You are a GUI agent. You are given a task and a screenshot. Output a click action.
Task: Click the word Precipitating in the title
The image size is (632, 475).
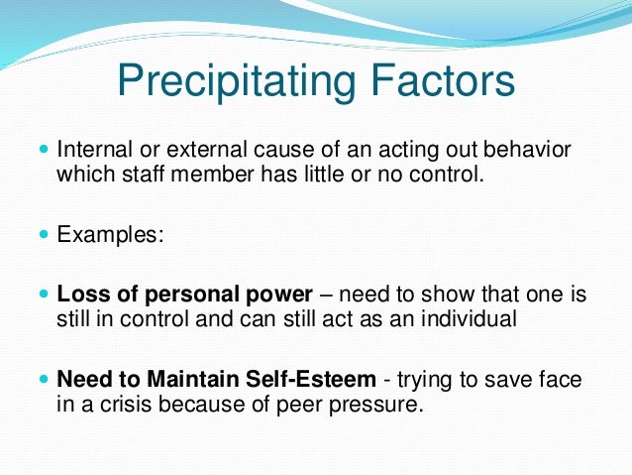(237, 82)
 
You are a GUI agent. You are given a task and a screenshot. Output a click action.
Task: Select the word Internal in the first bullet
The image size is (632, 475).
(95, 150)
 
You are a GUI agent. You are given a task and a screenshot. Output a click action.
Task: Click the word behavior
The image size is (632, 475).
(527, 150)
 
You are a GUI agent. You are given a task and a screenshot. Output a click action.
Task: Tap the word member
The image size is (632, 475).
(212, 174)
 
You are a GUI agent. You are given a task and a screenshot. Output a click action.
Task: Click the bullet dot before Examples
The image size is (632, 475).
(44, 234)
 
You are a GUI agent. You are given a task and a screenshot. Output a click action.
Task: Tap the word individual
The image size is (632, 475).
(469, 318)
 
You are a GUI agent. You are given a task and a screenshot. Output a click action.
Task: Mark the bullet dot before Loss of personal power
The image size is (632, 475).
(44, 294)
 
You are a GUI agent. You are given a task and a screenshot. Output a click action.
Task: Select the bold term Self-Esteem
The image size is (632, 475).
(311, 379)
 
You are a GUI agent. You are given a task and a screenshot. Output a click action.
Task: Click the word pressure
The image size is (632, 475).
(376, 406)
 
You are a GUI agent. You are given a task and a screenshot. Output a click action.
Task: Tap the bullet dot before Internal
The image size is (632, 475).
(44, 149)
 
